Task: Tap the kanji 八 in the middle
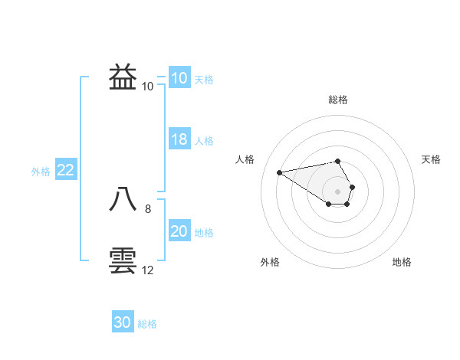pyautogui.click(x=123, y=199)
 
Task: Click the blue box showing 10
pyautogui.click(x=179, y=78)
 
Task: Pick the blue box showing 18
pyautogui.click(x=179, y=139)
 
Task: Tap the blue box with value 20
pyautogui.click(x=179, y=231)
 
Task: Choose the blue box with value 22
pyautogui.click(x=65, y=170)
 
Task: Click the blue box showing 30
pyautogui.click(x=122, y=322)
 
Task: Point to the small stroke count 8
pyautogui.click(x=148, y=208)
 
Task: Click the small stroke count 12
pyautogui.click(x=148, y=270)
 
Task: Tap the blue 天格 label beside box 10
pyautogui.click(x=204, y=80)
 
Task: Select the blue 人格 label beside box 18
pyautogui.click(x=204, y=141)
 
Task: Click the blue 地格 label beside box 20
pyautogui.click(x=204, y=233)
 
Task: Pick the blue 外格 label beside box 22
pyautogui.click(x=41, y=172)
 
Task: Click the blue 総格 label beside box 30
pyautogui.click(x=147, y=324)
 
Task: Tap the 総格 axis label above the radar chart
pyautogui.click(x=338, y=100)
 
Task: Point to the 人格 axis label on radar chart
pyautogui.click(x=245, y=159)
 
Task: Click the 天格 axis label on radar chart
pyautogui.click(x=431, y=159)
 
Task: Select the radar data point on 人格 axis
pyautogui.click(x=279, y=172)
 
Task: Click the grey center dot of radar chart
pyautogui.click(x=338, y=191)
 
